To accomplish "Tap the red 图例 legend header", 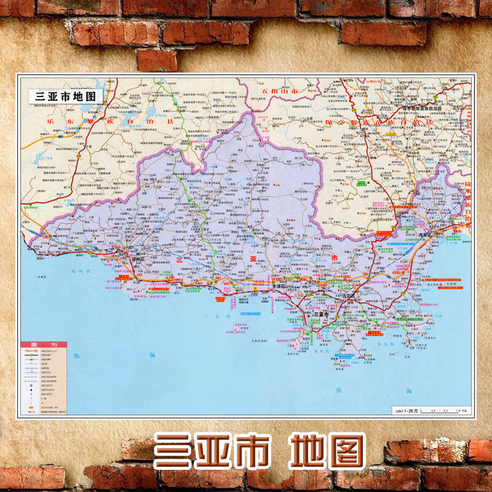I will coord(44,344).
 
